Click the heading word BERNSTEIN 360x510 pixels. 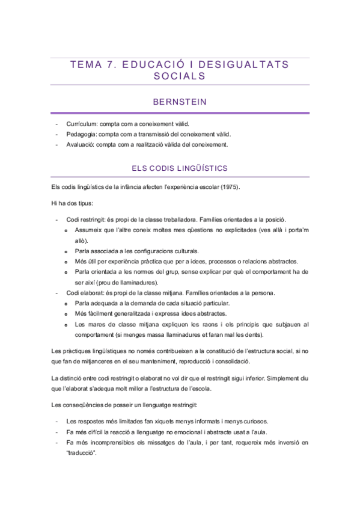(x=180, y=102)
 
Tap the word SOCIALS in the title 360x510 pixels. (x=180, y=76)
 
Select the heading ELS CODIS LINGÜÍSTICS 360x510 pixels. (x=180, y=168)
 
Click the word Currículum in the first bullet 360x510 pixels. (x=81, y=123)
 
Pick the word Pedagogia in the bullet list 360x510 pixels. (x=82, y=134)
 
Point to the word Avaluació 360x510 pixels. (x=81, y=144)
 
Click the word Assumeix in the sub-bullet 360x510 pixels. (x=89, y=230)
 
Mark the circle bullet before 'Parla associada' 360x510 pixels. (x=66, y=251)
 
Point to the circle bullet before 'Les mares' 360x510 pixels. (x=66, y=325)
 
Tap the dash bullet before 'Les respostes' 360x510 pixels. (x=56, y=421)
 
